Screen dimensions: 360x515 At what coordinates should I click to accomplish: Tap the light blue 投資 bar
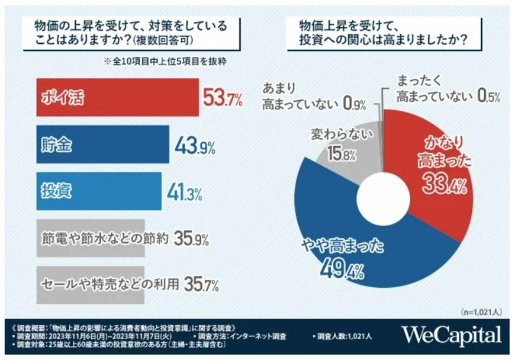point(98,192)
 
